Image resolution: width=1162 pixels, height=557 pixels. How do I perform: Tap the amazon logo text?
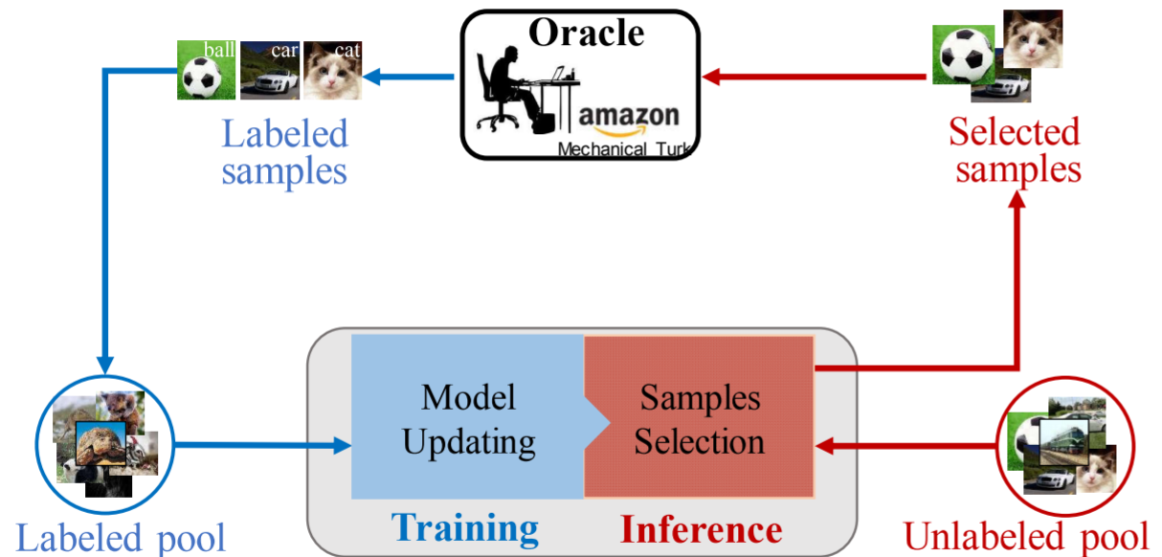[629, 116]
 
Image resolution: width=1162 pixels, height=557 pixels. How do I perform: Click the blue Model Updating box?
[467, 417]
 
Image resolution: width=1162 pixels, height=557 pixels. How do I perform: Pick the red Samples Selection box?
[700, 417]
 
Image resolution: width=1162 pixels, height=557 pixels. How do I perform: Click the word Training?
[465, 527]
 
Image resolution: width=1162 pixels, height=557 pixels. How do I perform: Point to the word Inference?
[701, 528]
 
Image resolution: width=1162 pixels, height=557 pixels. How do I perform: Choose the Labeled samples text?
[284, 152]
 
